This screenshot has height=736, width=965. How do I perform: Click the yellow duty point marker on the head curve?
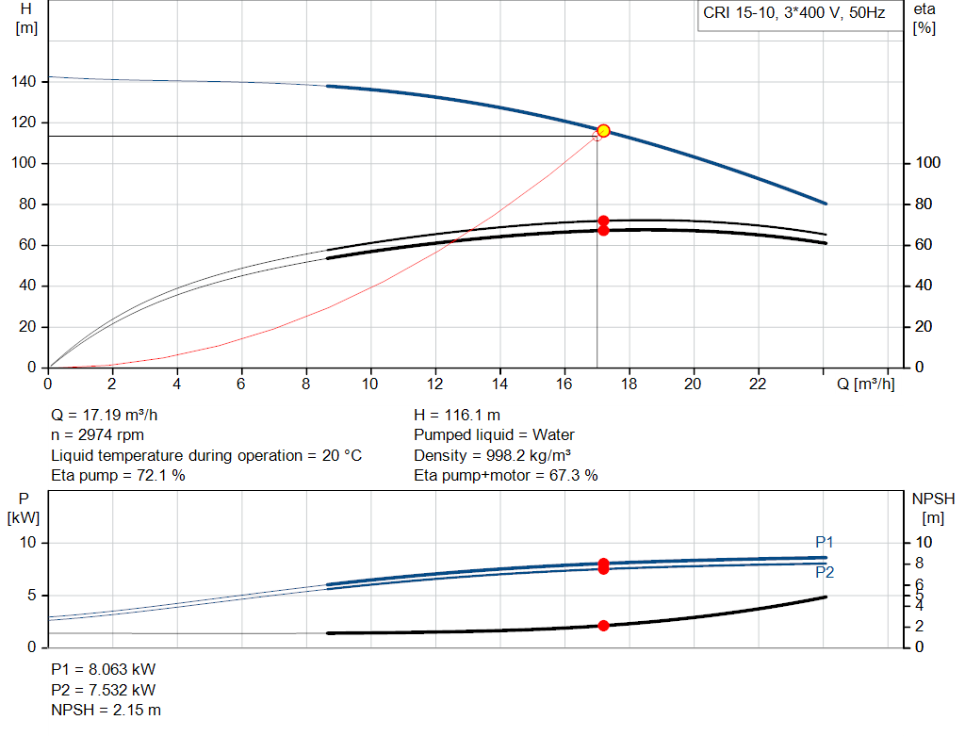[x=603, y=131]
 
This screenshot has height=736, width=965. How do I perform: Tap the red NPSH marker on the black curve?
[x=603, y=626]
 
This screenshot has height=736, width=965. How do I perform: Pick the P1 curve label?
[x=825, y=542]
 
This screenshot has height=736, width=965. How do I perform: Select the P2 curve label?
[x=825, y=572]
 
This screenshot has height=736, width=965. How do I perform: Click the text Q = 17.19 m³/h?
[x=111, y=415]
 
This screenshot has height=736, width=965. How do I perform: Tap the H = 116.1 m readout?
[x=457, y=415]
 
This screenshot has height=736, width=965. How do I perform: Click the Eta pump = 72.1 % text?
[x=118, y=476]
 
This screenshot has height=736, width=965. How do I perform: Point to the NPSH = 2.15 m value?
[x=106, y=710]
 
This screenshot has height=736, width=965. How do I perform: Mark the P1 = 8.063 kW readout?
[x=104, y=668]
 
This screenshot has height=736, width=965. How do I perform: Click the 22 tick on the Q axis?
[x=759, y=384]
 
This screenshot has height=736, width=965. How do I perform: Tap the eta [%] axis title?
[x=924, y=18]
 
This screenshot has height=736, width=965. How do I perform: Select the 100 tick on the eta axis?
[x=928, y=164]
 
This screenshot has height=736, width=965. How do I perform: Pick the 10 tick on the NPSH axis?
[x=924, y=543]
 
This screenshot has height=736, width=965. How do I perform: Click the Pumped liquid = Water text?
[x=494, y=435]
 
